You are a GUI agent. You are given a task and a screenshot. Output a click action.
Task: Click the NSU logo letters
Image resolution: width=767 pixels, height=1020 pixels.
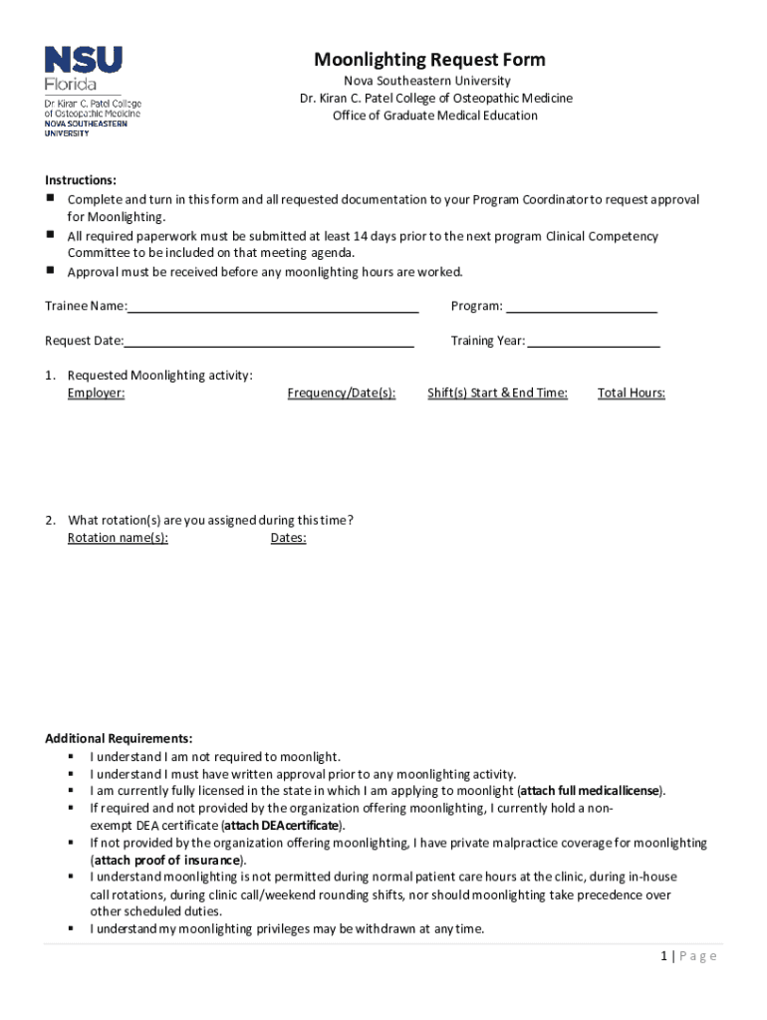coord(83,60)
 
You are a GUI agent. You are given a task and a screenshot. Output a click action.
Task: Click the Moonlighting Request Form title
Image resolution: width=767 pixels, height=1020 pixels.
coord(429,60)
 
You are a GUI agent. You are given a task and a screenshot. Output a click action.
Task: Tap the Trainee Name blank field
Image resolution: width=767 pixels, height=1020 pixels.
coord(273,307)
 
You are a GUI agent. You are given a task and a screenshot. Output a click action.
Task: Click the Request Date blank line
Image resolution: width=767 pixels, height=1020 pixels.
coord(269,342)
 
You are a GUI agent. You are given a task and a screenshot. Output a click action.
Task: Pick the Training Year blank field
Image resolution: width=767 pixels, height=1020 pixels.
coord(594,342)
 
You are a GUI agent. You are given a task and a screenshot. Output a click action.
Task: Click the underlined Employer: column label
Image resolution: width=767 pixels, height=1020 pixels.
coord(96,393)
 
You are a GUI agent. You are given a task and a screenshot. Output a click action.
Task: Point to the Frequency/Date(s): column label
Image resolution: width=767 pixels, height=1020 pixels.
coord(341,393)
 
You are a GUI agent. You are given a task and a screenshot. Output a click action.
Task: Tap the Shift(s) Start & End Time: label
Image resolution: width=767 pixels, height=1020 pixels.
coord(497,393)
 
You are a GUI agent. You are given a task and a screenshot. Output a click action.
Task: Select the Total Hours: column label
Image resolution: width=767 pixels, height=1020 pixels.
coord(631,393)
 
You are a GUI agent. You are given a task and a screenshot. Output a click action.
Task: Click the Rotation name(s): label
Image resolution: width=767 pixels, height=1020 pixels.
coord(118,539)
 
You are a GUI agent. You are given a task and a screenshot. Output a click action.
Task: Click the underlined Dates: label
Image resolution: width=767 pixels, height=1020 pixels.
coord(288,539)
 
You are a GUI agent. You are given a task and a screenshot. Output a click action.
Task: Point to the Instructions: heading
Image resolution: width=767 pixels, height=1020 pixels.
coord(81,180)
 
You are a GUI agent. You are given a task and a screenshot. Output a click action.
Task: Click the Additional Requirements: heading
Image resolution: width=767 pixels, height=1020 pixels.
coord(119,739)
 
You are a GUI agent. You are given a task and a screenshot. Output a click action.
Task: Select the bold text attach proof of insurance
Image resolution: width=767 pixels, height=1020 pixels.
coord(167,861)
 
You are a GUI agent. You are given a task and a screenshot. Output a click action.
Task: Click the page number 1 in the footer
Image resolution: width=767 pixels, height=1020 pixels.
coord(662,956)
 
